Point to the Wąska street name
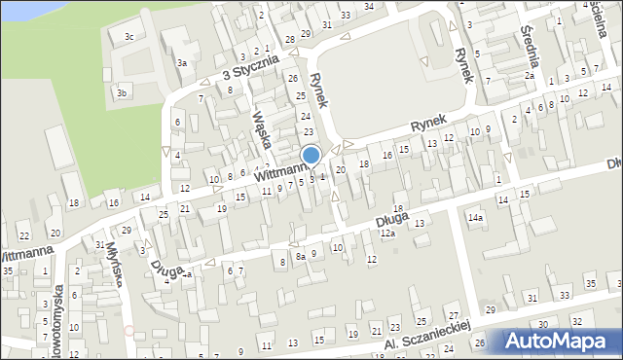pos(260,126)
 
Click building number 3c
pos(128,37)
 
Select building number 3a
pos(181,62)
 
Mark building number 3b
pos(122,93)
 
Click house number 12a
pos(387,234)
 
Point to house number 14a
pos(475,219)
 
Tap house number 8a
pos(301,255)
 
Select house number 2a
pos(530,75)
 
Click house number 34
pos(369,6)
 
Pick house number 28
pos(290,39)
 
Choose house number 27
pos(454,316)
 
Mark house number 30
pos(542,324)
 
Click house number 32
pos(576,320)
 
